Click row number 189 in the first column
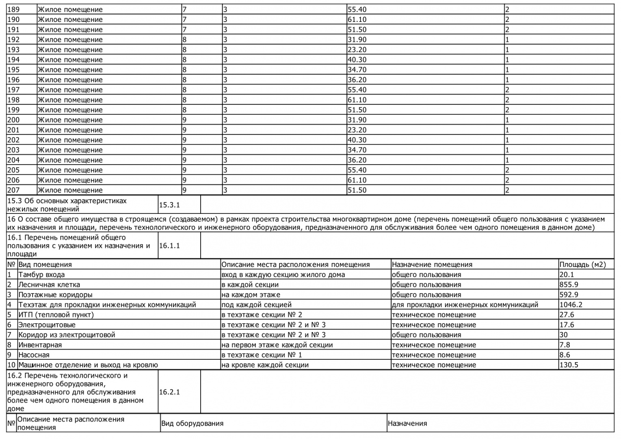[x=13, y=9]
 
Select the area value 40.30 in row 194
[x=357, y=60]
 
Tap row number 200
[x=13, y=120]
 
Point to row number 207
[x=13, y=190]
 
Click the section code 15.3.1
[x=169, y=205]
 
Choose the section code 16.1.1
[x=169, y=246]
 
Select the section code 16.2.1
[x=169, y=392]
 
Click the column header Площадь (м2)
[x=582, y=265]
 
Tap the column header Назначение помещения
[x=432, y=265]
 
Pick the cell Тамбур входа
[x=41, y=275]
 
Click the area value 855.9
[x=569, y=285]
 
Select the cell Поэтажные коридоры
[x=55, y=295]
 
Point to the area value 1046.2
[x=571, y=304]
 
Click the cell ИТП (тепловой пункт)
[x=56, y=315]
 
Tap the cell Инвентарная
[x=40, y=345]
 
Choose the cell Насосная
[x=34, y=355]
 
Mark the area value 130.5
[x=569, y=365]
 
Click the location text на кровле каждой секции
[x=265, y=365]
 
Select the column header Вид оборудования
[x=192, y=424]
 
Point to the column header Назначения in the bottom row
[x=407, y=424]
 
